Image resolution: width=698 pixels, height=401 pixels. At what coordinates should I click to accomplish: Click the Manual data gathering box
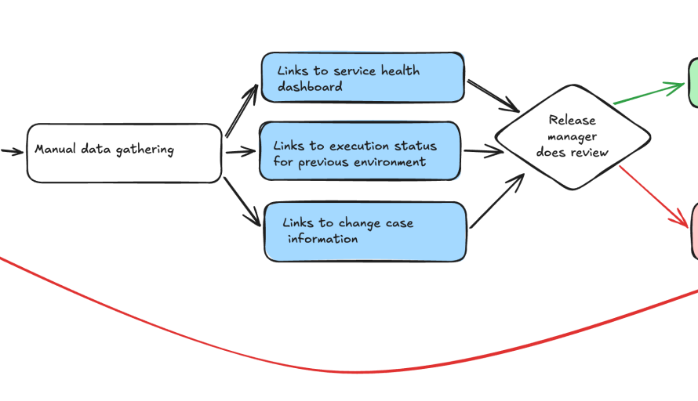[124, 153]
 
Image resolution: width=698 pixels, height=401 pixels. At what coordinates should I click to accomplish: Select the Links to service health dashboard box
[362, 78]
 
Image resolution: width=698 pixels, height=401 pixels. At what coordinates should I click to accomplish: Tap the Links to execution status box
[359, 151]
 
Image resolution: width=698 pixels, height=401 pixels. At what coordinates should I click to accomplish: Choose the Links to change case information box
[365, 231]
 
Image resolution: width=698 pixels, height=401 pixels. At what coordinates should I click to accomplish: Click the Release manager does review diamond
[572, 136]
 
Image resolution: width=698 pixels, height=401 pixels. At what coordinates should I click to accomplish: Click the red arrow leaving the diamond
[655, 196]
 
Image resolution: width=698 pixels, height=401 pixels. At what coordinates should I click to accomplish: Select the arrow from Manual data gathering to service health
[242, 112]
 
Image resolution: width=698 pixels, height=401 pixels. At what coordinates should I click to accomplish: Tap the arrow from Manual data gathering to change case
[242, 202]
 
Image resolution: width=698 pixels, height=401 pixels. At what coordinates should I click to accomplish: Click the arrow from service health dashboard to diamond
[493, 95]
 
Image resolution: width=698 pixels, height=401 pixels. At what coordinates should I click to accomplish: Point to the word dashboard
[310, 87]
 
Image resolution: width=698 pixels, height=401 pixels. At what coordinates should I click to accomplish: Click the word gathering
[145, 150]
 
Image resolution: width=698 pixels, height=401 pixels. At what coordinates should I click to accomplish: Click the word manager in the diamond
[572, 136]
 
